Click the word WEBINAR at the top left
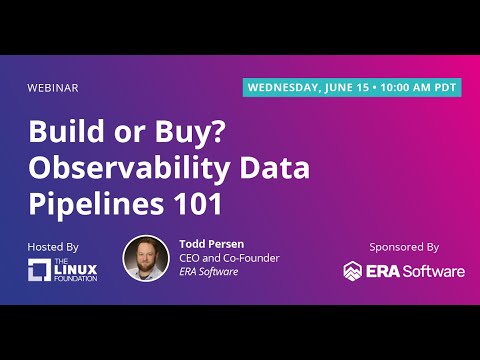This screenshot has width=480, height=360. (53, 87)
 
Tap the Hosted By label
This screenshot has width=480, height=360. (55, 245)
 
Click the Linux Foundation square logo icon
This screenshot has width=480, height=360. (39, 270)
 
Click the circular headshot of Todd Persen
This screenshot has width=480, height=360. (145, 258)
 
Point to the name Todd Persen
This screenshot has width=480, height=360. (211, 243)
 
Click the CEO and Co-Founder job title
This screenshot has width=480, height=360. (228, 258)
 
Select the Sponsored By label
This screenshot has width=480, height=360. (403, 245)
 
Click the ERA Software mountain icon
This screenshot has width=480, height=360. (353, 271)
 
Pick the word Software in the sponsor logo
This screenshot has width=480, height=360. (432, 271)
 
